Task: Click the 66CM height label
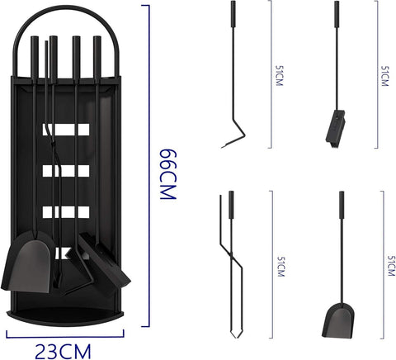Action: (x=167, y=174)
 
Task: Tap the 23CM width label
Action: (x=63, y=352)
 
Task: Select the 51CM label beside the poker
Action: (x=279, y=76)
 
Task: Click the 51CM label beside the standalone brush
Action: (x=384, y=76)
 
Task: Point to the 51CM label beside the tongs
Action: (x=280, y=267)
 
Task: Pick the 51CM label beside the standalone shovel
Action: (x=391, y=266)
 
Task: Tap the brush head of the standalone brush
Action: (x=336, y=130)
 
